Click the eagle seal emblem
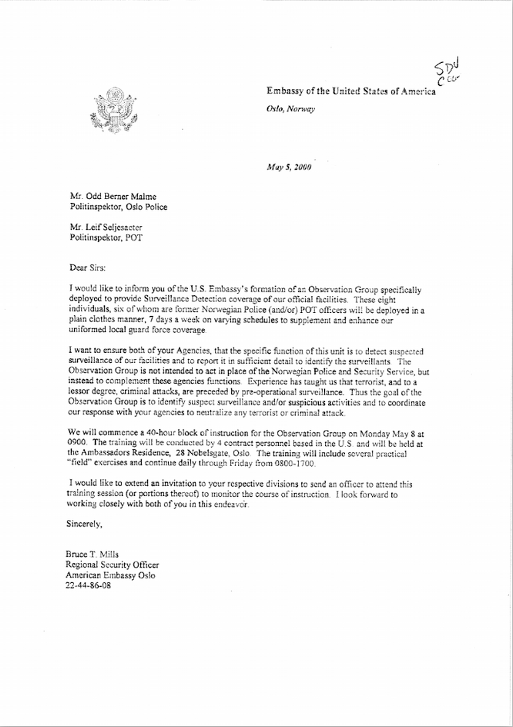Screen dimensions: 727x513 click(x=113, y=110)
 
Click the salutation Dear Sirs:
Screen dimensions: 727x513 click(x=88, y=267)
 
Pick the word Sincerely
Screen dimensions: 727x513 click(x=84, y=524)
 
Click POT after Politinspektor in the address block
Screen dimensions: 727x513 click(x=133, y=237)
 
